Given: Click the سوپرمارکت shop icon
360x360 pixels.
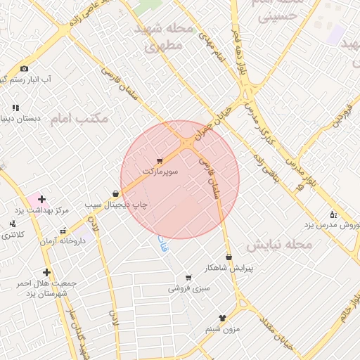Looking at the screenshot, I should [x=160, y=161].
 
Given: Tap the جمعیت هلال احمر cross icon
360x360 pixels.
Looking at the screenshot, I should [x=46, y=272].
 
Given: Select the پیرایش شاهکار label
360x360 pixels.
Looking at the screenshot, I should [x=229, y=268].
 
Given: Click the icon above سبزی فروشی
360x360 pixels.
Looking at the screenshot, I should [x=188, y=278].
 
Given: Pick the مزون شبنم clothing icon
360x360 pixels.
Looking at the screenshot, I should [x=223, y=319].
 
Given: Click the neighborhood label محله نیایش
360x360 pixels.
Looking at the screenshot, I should [x=278, y=244].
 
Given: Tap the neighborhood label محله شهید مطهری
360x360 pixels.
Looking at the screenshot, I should [x=163, y=38].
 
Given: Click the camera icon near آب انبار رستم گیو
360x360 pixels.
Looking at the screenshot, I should [x=25, y=68].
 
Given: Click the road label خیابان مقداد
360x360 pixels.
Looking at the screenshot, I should [x=276, y=332].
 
